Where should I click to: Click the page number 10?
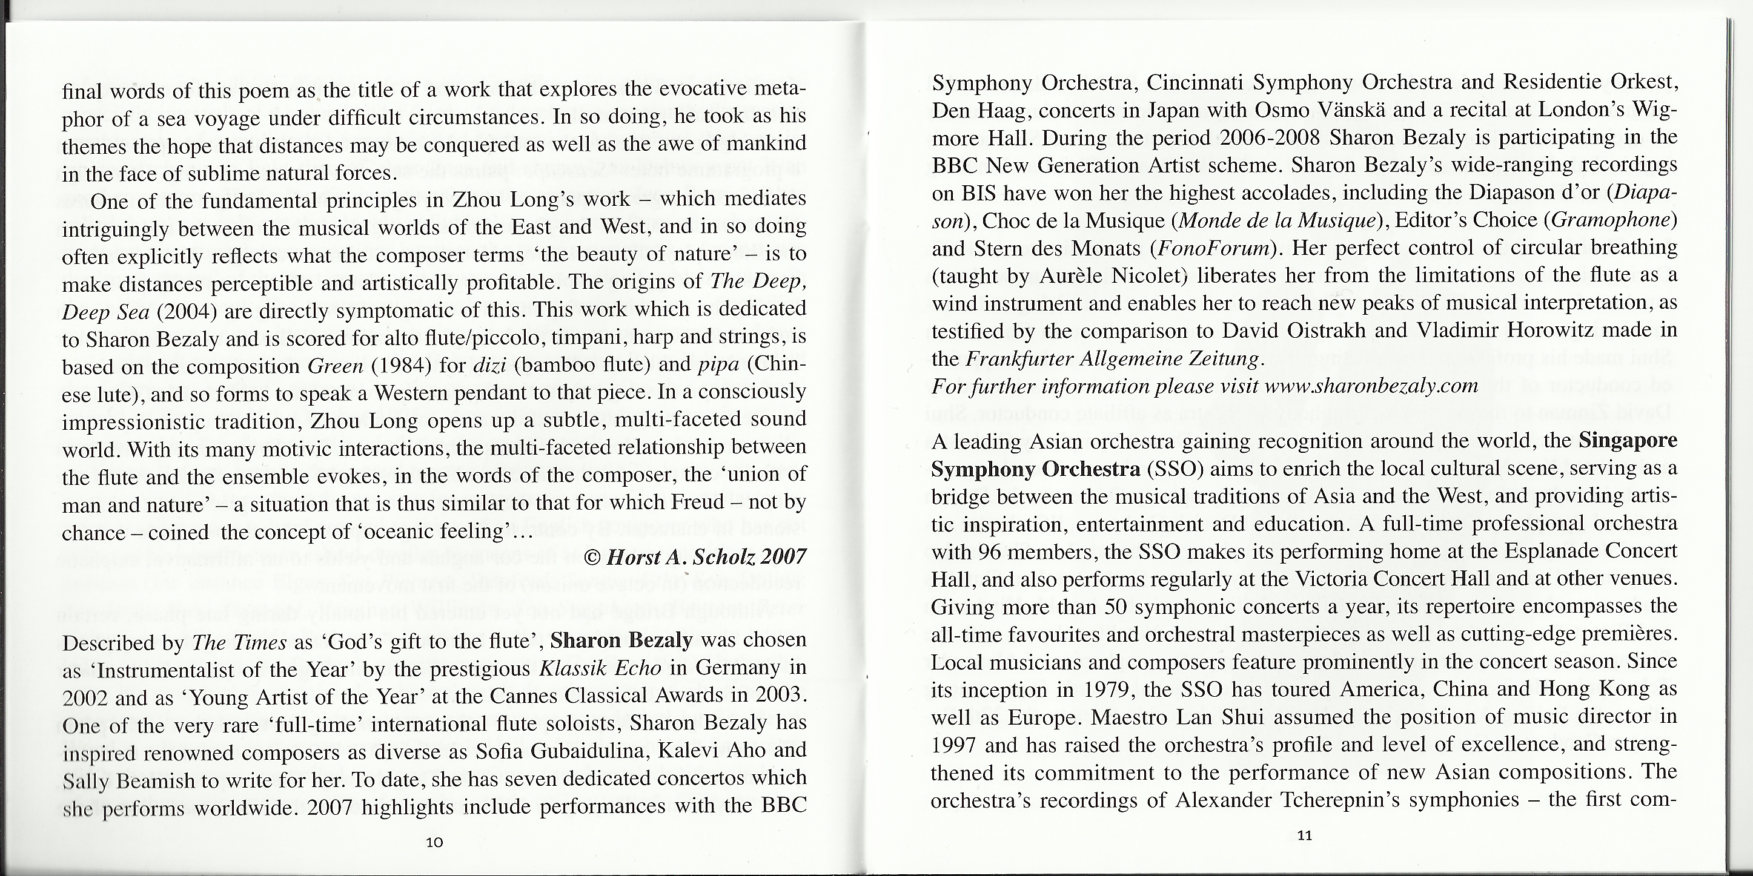[434, 842]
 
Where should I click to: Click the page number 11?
[1304, 836]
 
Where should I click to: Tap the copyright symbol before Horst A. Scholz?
[592, 558]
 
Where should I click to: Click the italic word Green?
[336, 366]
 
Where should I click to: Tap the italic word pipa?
[718, 364]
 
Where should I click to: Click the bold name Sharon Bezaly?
[621, 641]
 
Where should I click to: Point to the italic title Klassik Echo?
[600, 668]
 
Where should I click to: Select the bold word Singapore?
[1628, 441]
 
